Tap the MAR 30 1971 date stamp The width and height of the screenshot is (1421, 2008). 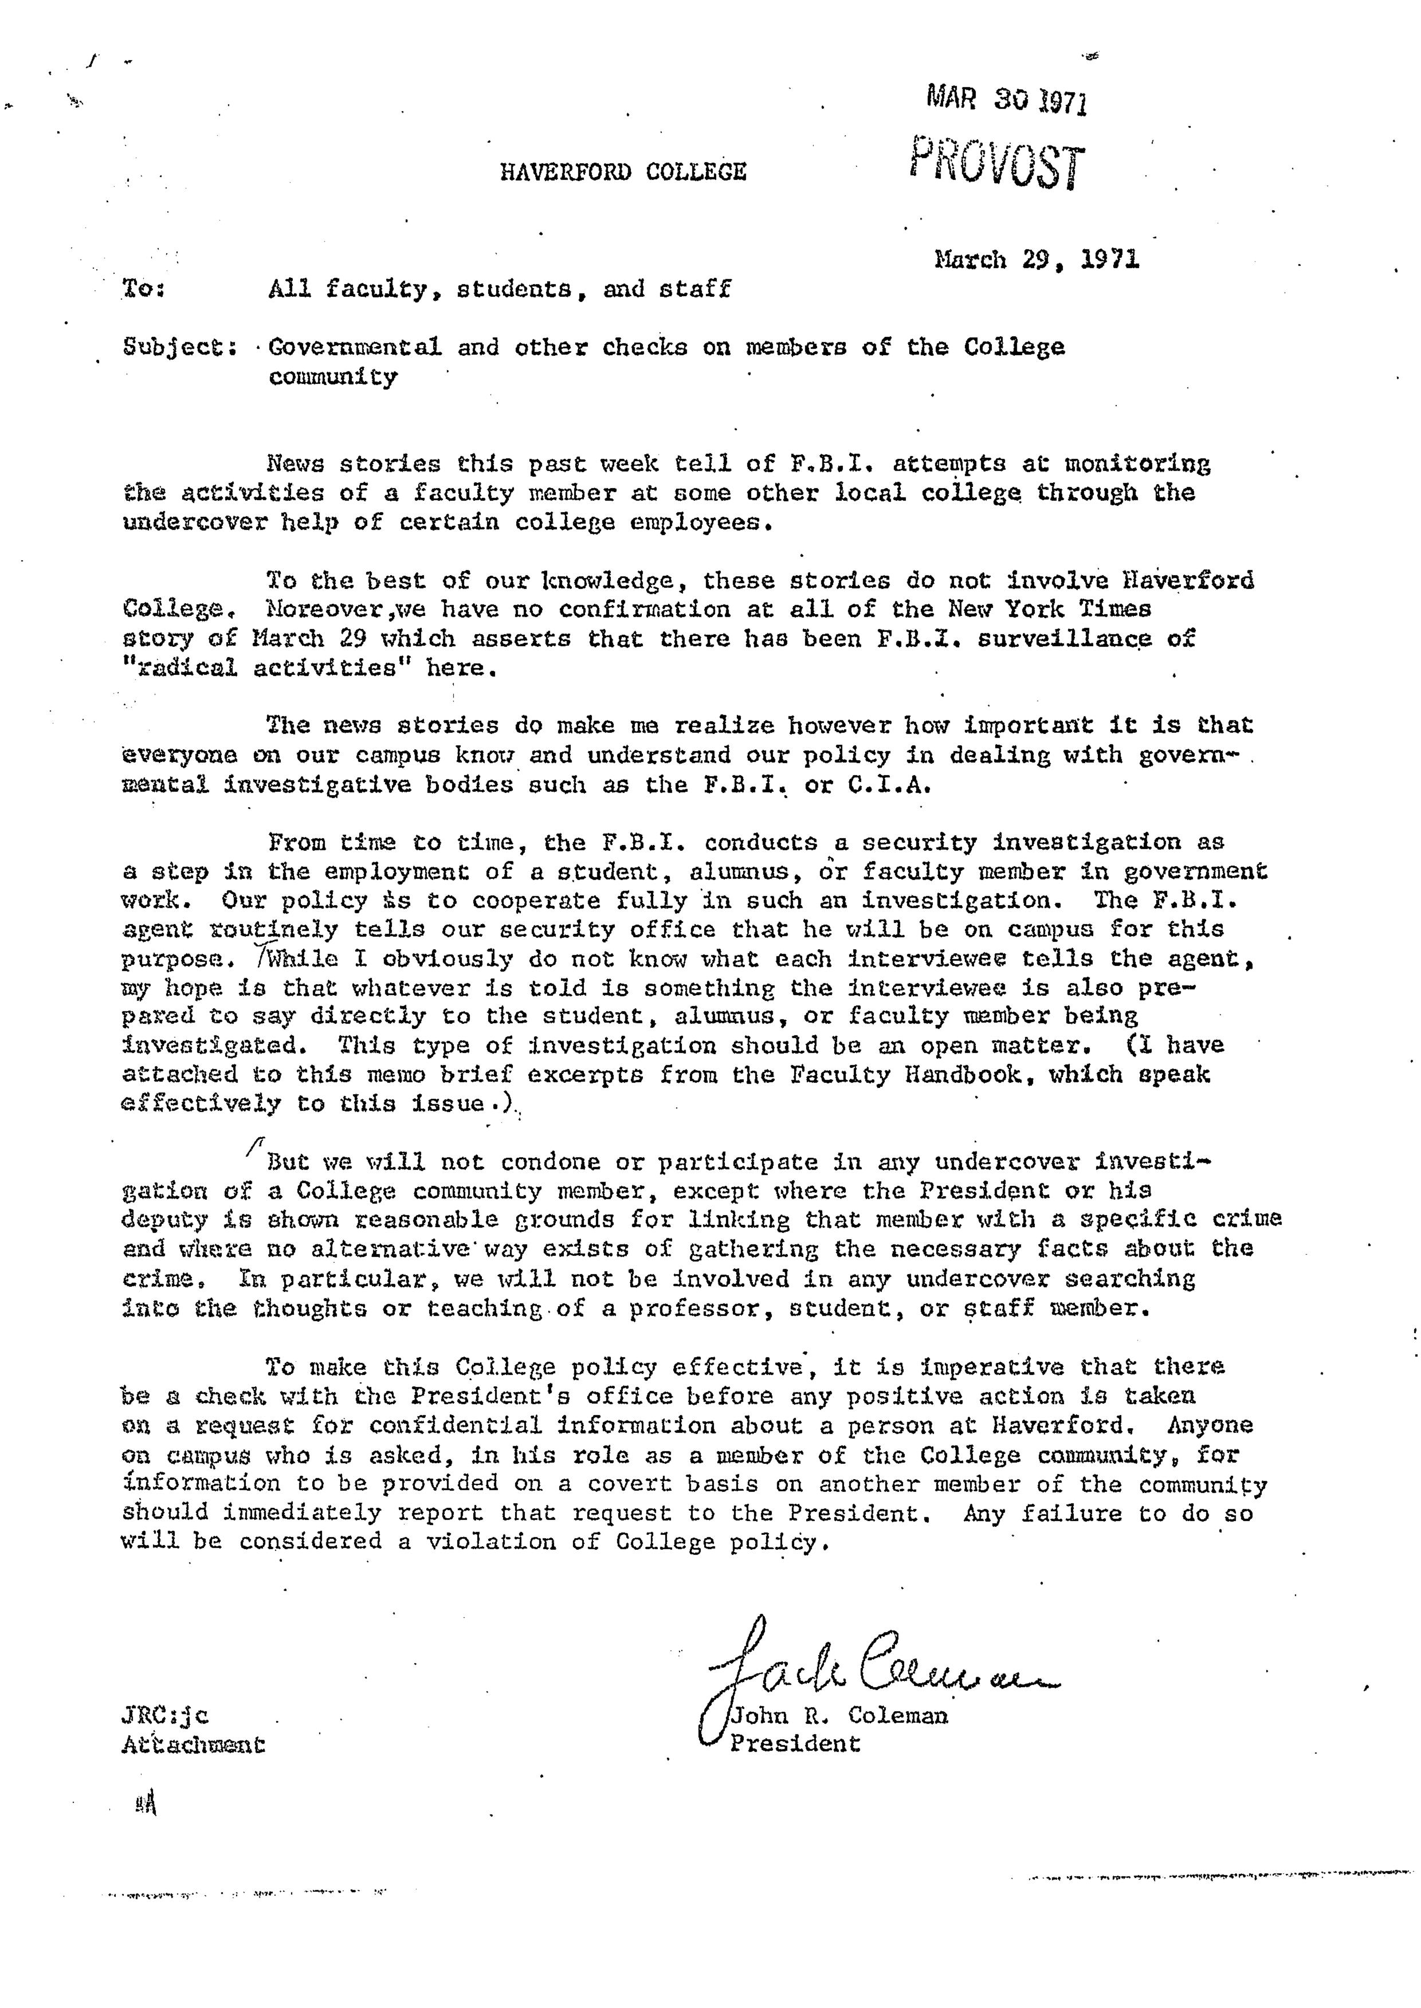coord(1006,101)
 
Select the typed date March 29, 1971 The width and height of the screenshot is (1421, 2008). coord(1037,260)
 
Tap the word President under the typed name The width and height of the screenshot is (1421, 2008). coord(795,1744)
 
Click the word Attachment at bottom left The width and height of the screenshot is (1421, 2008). coord(193,1744)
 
